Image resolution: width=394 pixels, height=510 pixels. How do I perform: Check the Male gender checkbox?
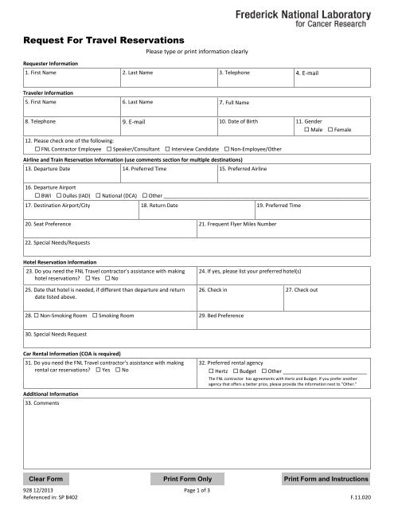coord(306,129)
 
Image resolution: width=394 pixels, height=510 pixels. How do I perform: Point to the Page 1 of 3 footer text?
coord(196,491)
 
